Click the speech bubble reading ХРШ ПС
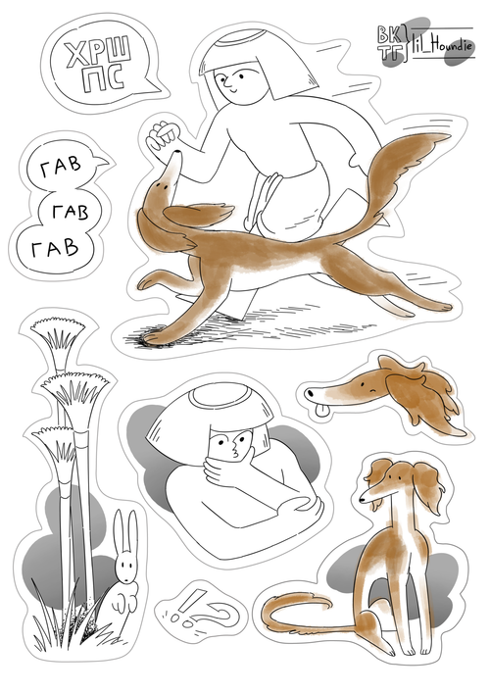(101, 68)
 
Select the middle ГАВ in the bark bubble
(71, 212)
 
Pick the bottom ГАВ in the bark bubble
(54, 249)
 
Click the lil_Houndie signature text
(442, 45)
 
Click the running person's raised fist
(163, 135)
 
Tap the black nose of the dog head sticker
(311, 392)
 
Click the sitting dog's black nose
(362, 500)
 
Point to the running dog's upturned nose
(177, 153)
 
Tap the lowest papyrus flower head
(54, 442)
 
